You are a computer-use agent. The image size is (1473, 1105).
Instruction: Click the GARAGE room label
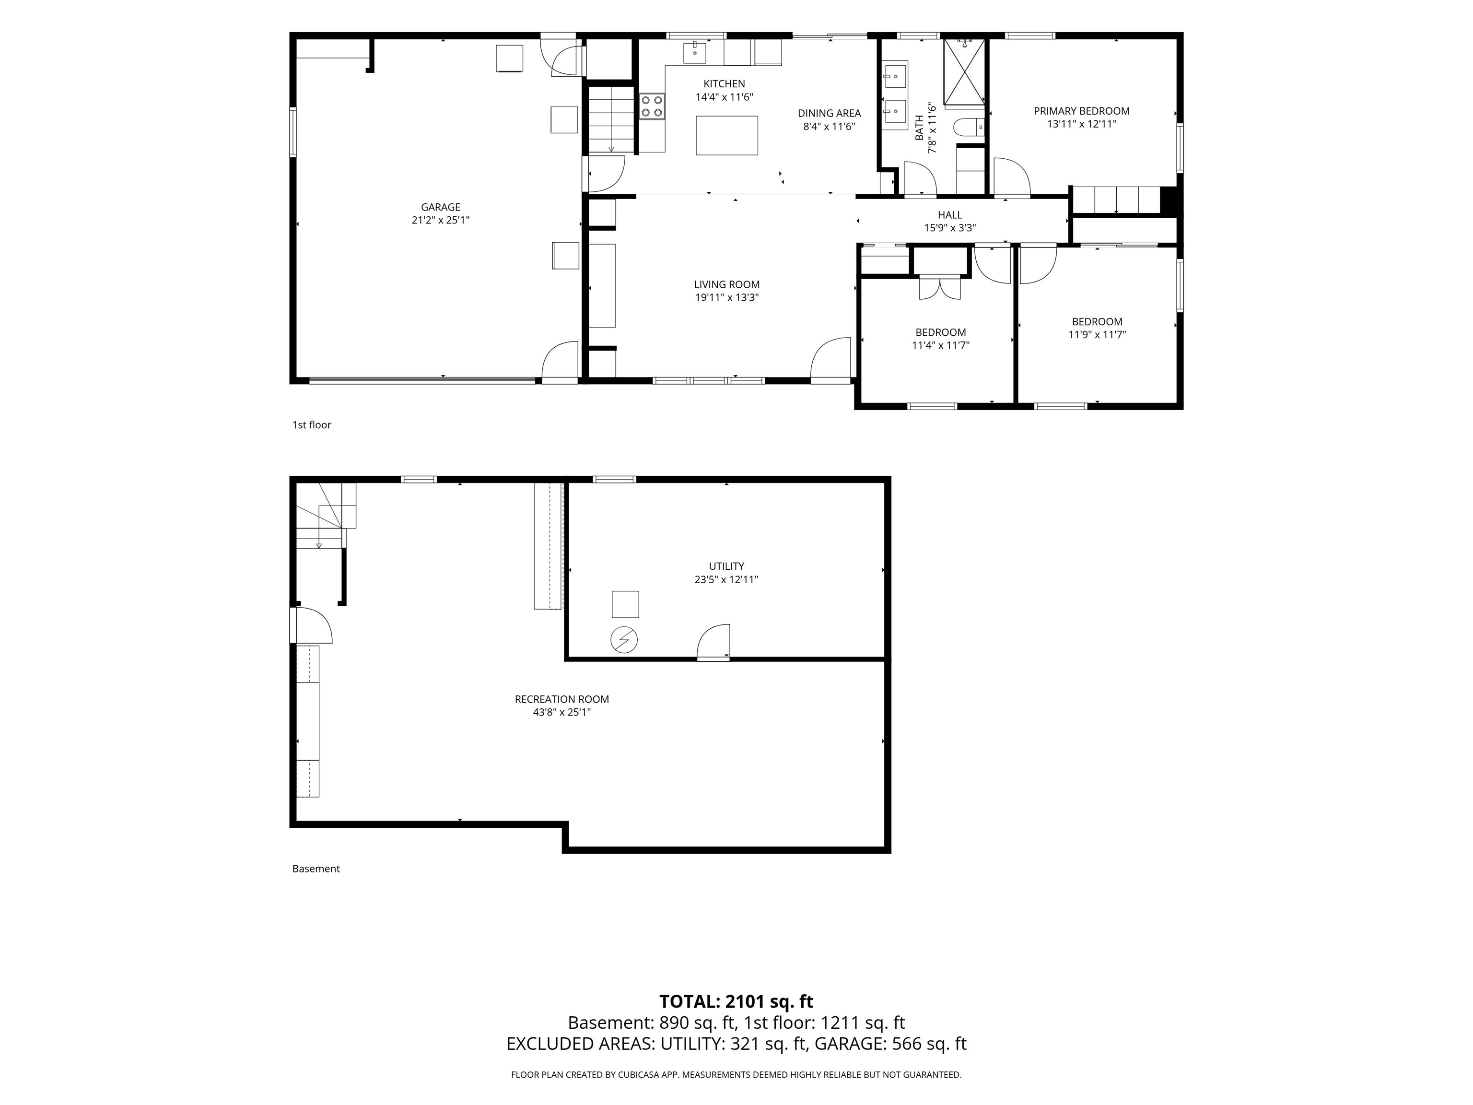[x=441, y=207]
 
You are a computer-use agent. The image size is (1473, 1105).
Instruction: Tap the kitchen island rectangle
[x=726, y=135]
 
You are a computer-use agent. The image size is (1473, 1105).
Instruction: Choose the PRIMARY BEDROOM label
[x=1081, y=111]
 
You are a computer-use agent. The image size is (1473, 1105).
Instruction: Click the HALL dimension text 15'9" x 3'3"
[x=949, y=228]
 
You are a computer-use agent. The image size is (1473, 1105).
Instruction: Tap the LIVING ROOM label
[x=726, y=284]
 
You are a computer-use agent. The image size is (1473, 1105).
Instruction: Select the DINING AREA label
[x=829, y=113]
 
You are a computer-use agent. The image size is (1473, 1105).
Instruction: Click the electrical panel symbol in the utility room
[x=624, y=640]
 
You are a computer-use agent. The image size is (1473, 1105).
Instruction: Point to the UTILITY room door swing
[x=713, y=641]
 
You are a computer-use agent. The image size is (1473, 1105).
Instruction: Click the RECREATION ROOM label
[x=562, y=699]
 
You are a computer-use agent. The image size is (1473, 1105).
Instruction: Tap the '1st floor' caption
[x=312, y=425]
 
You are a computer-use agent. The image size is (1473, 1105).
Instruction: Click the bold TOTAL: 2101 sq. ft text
[x=736, y=1001]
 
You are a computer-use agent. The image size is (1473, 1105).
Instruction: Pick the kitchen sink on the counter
[x=695, y=52]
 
